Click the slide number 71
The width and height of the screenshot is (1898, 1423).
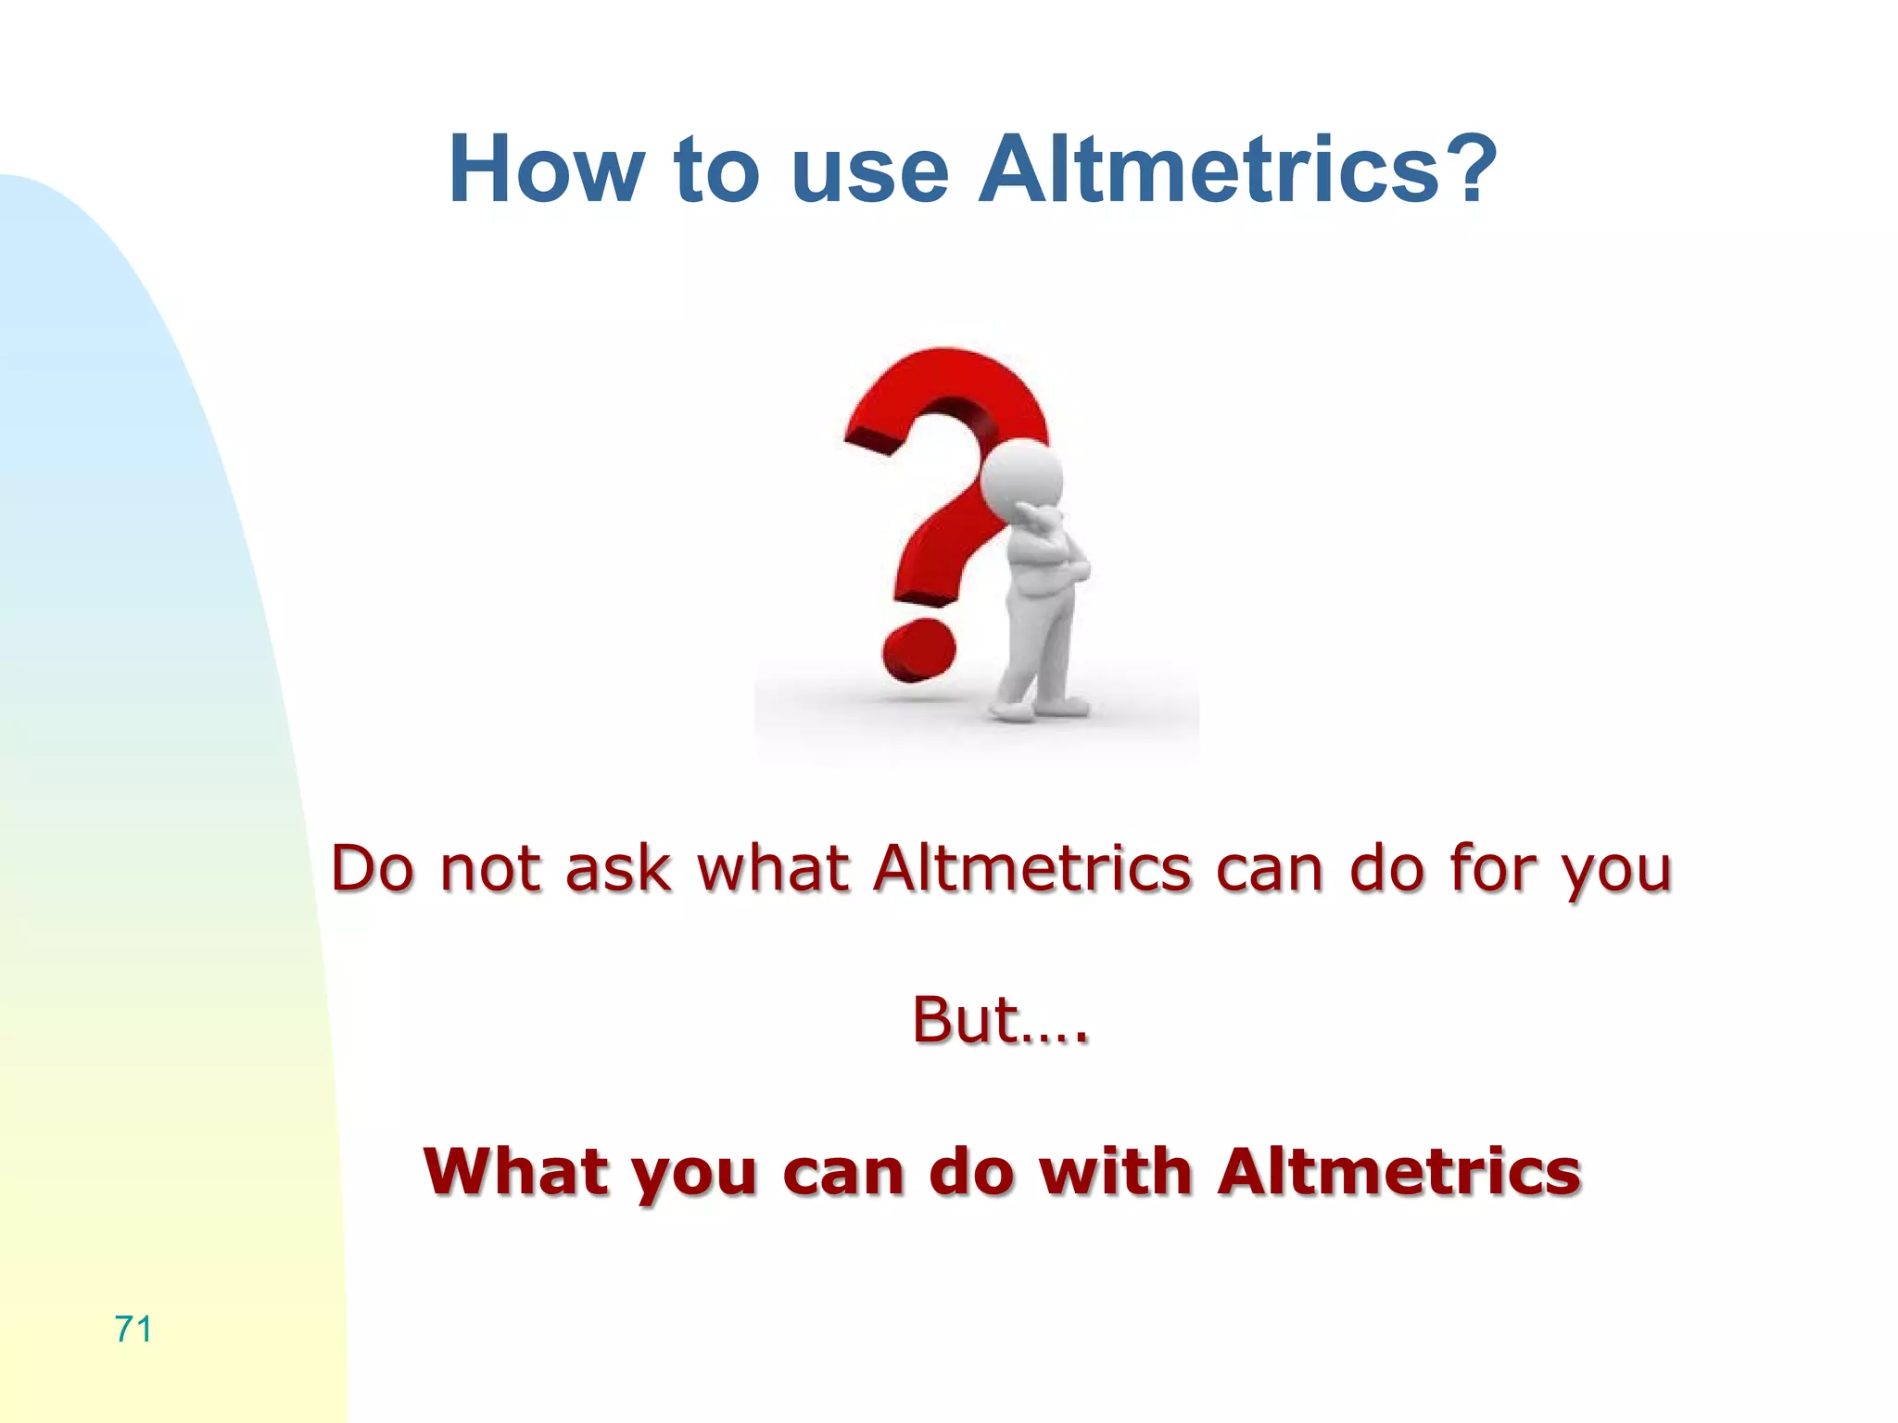[133, 1329]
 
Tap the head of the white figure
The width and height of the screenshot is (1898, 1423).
[1021, 475]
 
